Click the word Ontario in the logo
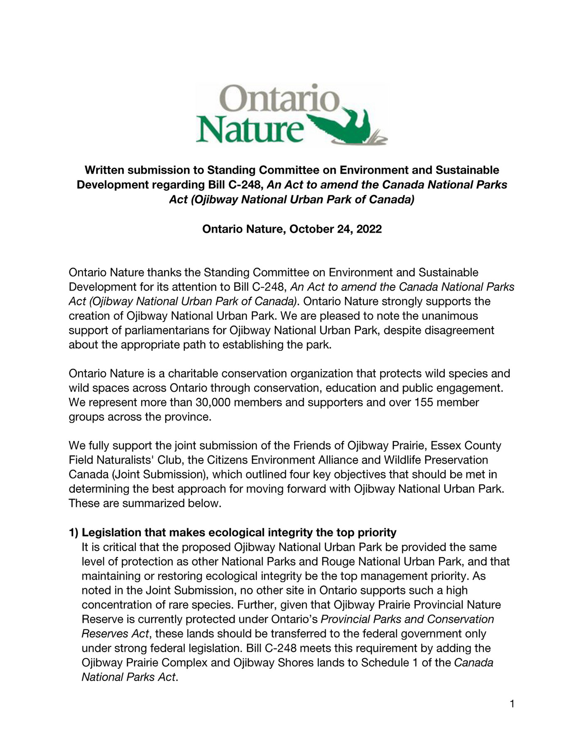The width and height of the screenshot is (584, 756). (282, 99)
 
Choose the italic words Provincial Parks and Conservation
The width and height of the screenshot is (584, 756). (407, 619)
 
